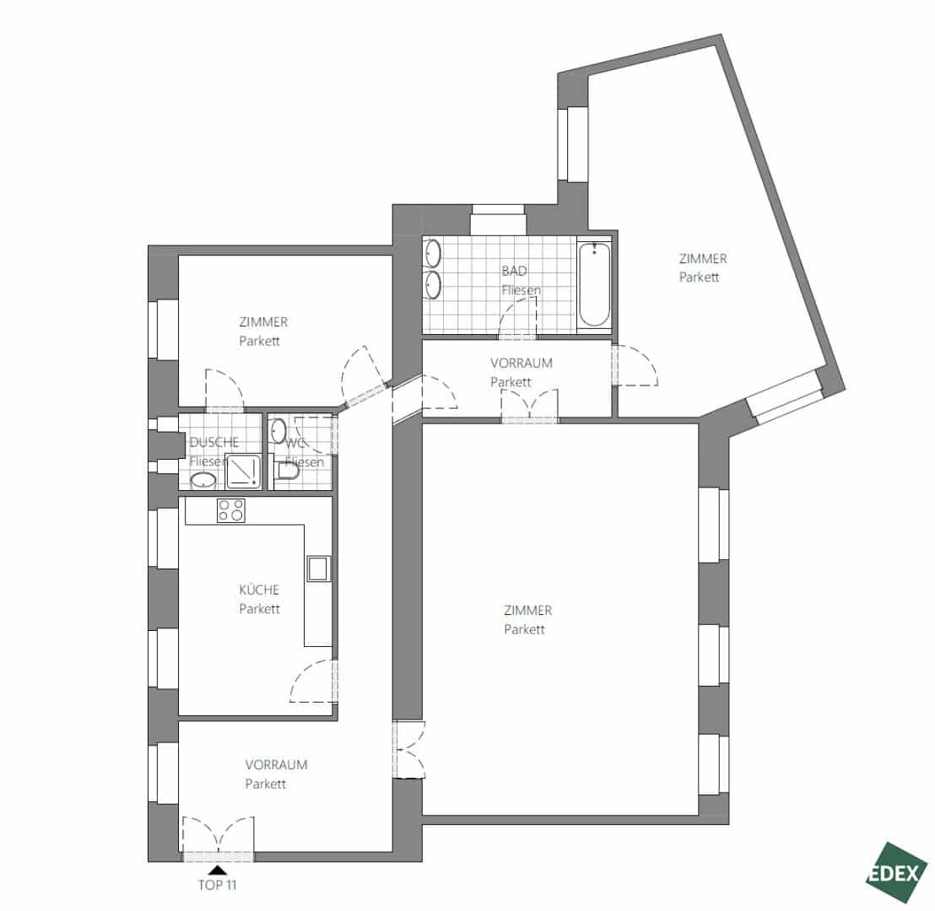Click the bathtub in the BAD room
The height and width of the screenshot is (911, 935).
[594, 284]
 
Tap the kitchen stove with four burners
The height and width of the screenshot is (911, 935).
[231, 510]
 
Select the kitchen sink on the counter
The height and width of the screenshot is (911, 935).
[318, 569]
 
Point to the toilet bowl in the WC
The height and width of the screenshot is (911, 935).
[288, 471]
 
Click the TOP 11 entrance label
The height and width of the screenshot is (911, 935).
[217, 886]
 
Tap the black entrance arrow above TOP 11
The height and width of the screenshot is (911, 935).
[219, 870]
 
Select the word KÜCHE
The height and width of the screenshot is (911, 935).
[259, 590]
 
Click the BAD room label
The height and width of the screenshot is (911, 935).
[514, 271]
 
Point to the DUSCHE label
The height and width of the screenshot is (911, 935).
[214, 442]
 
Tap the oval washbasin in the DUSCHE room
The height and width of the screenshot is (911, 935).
[203, 480]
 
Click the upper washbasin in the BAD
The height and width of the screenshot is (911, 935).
[433, 253]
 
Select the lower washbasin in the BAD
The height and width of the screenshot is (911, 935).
[433, 285]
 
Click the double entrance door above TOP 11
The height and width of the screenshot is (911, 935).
[219, 838]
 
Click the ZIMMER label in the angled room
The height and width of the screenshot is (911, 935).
[703, 259]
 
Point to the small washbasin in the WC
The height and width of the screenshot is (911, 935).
[278, 431]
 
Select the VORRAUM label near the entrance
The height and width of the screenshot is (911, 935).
[276, 765]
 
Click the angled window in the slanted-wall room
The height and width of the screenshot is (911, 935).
[786, 397]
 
